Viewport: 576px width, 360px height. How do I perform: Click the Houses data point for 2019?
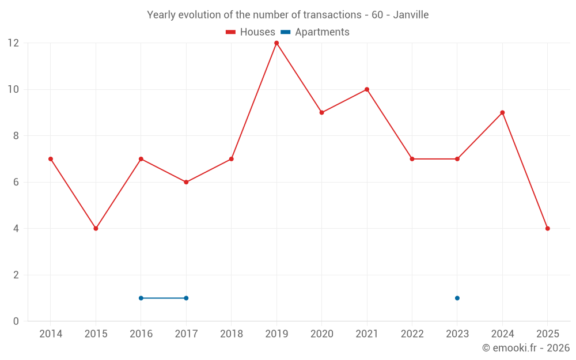coord(276,43)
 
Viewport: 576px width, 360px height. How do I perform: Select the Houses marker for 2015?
coord(96,229)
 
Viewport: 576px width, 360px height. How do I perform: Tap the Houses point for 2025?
coord(547,229)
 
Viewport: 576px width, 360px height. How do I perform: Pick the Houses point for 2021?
coord(367,89)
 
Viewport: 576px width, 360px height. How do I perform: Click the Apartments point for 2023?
coord(457,298)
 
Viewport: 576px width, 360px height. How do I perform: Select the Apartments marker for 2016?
coord(141,298)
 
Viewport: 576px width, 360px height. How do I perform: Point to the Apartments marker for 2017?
coord(186,298)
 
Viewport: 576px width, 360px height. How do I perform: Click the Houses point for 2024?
coord(502,113)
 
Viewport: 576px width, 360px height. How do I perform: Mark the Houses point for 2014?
coord(51,159)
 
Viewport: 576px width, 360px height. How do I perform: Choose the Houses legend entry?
coord(251,32)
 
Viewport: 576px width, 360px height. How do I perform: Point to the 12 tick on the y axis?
coord(13,43)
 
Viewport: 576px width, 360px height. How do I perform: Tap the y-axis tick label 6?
coord(16,182)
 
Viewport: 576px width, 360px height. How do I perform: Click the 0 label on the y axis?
coord(16,321)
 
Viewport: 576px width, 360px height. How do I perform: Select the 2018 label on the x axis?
coord(231,334)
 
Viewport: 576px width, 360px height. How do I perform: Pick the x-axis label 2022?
coord(412,334)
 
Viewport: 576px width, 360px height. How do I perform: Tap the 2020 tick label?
coord(321,334)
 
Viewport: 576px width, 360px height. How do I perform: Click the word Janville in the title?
coord(411,15)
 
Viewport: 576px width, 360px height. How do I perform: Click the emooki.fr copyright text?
coord(525,348)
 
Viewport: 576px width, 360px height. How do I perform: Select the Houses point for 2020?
coord(321,113)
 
